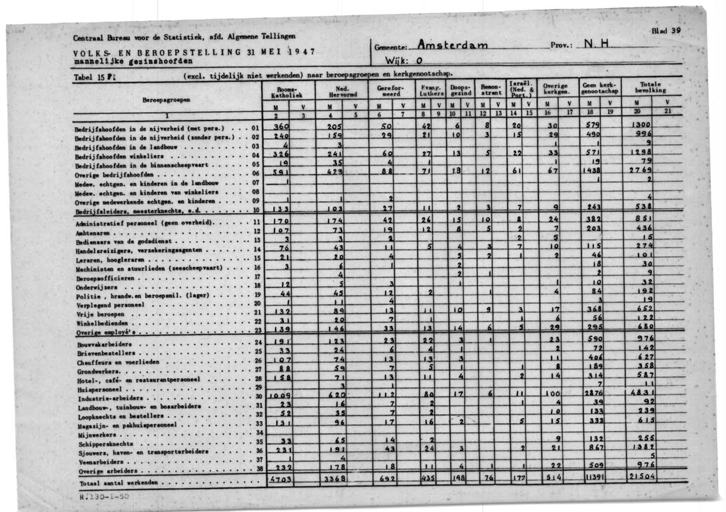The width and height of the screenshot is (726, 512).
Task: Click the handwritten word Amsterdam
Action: pyautogui.click(x=452, y=45)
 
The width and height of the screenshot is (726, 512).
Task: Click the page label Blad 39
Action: pyautogui.click(x=666, y=31)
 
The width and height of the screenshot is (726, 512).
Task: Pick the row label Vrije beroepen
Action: pyautogui.click(x=100, y=313)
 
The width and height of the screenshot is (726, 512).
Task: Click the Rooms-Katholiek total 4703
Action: pyautogui.click(x=283, y=477)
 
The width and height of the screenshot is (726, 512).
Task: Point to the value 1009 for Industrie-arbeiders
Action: pyautogui.click(x=278, y=395)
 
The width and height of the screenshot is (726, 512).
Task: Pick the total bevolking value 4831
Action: pyautogui.click(x=644, y=395)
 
